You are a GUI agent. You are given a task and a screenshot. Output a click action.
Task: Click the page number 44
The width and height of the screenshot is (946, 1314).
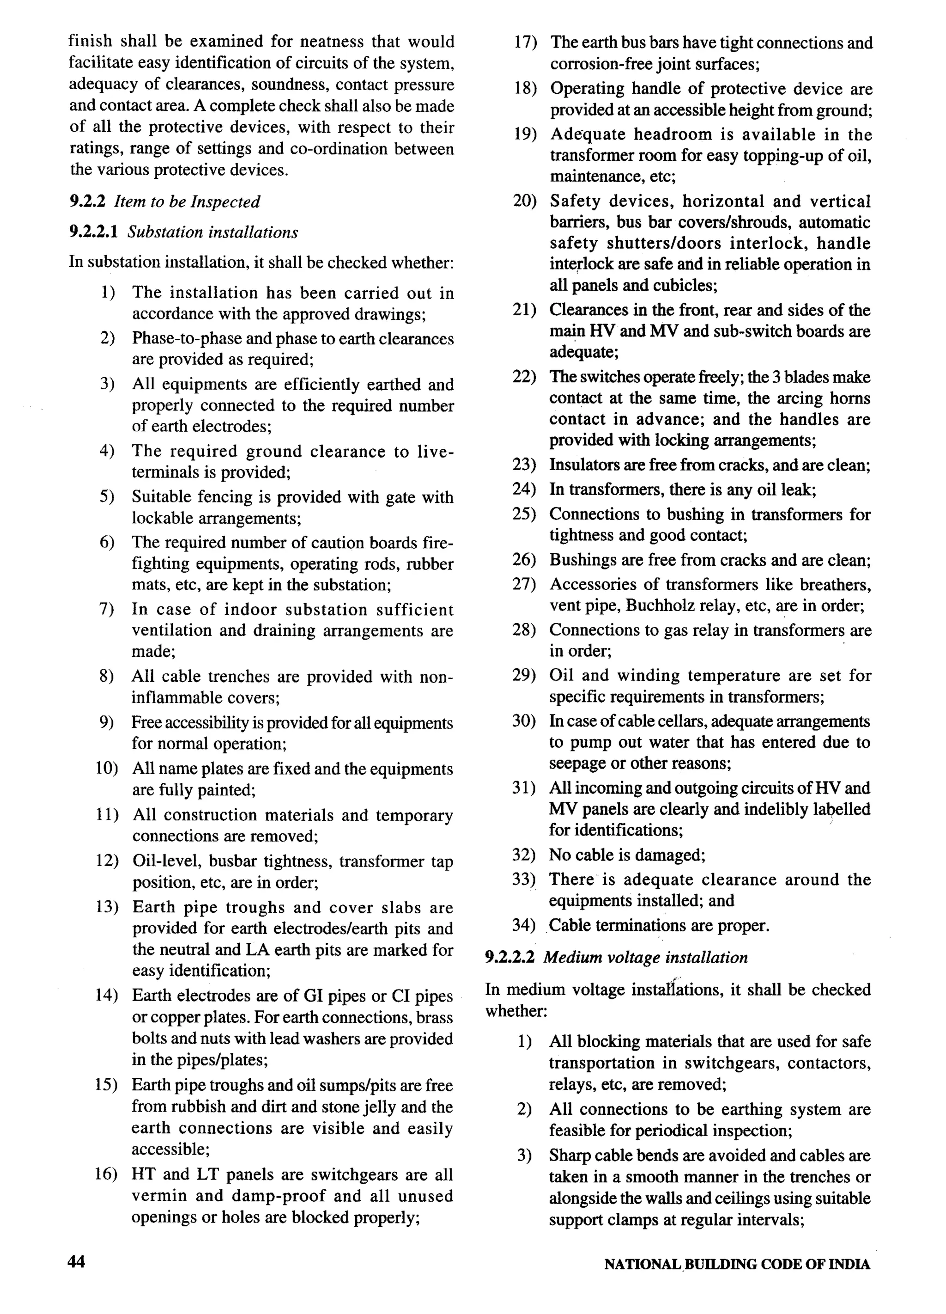(x=76, y=1261)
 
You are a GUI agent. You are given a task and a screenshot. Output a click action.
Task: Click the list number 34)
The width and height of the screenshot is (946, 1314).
(x=524, y=925)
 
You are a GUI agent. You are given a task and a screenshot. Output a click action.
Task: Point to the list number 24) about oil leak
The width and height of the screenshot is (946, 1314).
(x=524, y=489)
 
